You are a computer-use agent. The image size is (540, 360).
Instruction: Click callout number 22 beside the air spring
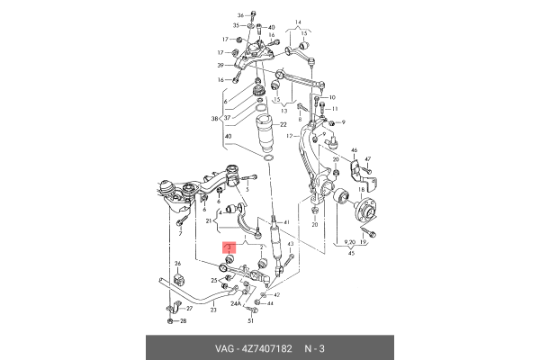pos(282,124)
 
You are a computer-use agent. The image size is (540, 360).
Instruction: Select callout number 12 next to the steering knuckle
pos(291,135)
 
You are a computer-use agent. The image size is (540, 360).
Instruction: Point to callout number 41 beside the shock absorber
pos(286,222)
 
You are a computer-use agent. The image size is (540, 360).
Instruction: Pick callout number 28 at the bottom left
pos(184,320)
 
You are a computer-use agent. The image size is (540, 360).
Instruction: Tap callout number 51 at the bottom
pos(251,320)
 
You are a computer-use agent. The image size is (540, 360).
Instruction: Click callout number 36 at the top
pos(240,16)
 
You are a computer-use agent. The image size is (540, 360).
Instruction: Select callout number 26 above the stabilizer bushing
pos(177,263)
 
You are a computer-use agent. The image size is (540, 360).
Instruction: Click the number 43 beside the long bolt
pos(291,256)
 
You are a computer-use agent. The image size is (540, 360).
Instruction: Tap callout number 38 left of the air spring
pos(214,119)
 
